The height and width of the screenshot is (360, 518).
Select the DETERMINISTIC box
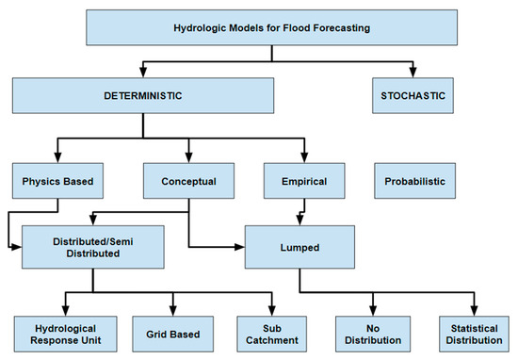pos(143,97)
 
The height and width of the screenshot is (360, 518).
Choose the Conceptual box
pos(188,179)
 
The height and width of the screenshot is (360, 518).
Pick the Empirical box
pos(303,179)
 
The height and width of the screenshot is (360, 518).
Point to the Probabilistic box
pos(413,179)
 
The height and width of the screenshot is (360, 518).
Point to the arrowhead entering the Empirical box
pos(303,155)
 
